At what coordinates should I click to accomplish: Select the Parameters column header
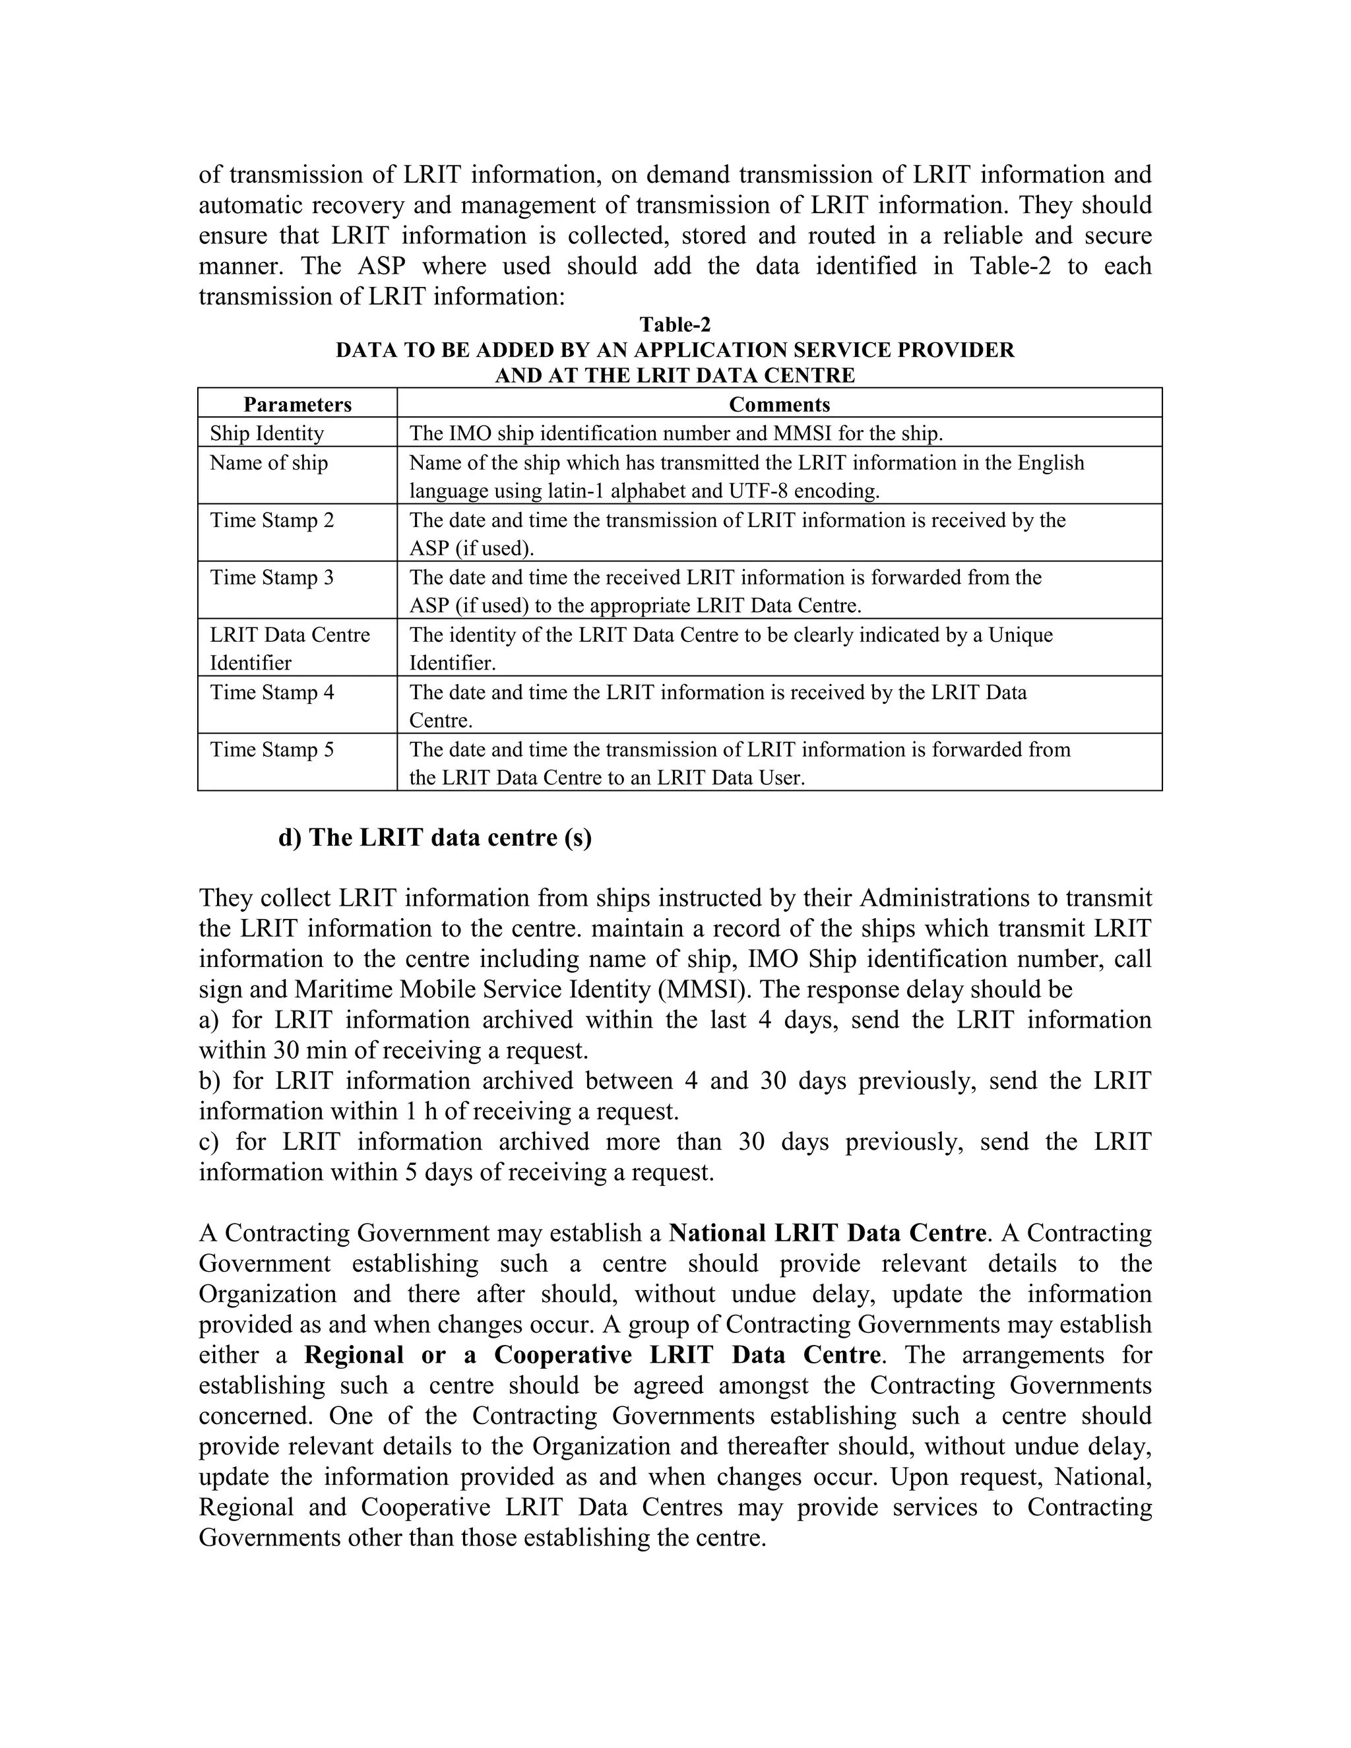coord(297,404)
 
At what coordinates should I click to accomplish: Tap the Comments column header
coord(779,404)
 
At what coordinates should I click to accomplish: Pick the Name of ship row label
coord(269,462)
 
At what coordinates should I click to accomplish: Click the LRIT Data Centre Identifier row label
coord(290,648)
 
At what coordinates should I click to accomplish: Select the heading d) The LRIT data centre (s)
coord(435,837)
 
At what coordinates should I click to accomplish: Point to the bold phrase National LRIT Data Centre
coord(827,1233)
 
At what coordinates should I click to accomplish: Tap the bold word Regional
coord(354,1354)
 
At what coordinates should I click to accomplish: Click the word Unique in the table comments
coord(1021,635)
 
